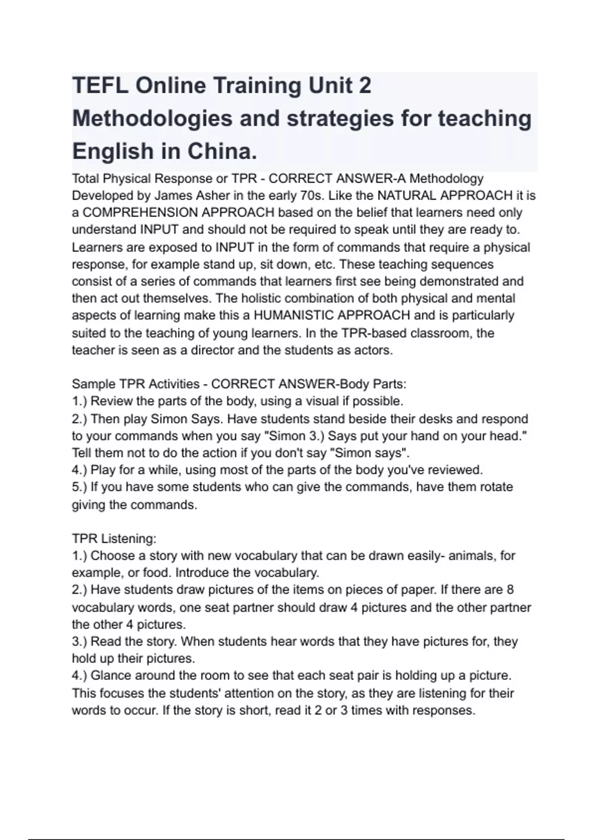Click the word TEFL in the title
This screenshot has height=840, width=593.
coord(99,86)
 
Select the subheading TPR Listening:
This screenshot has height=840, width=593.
coord(114,539)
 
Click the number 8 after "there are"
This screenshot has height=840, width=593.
coord(510,589)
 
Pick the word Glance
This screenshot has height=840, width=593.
coord(110,675)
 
